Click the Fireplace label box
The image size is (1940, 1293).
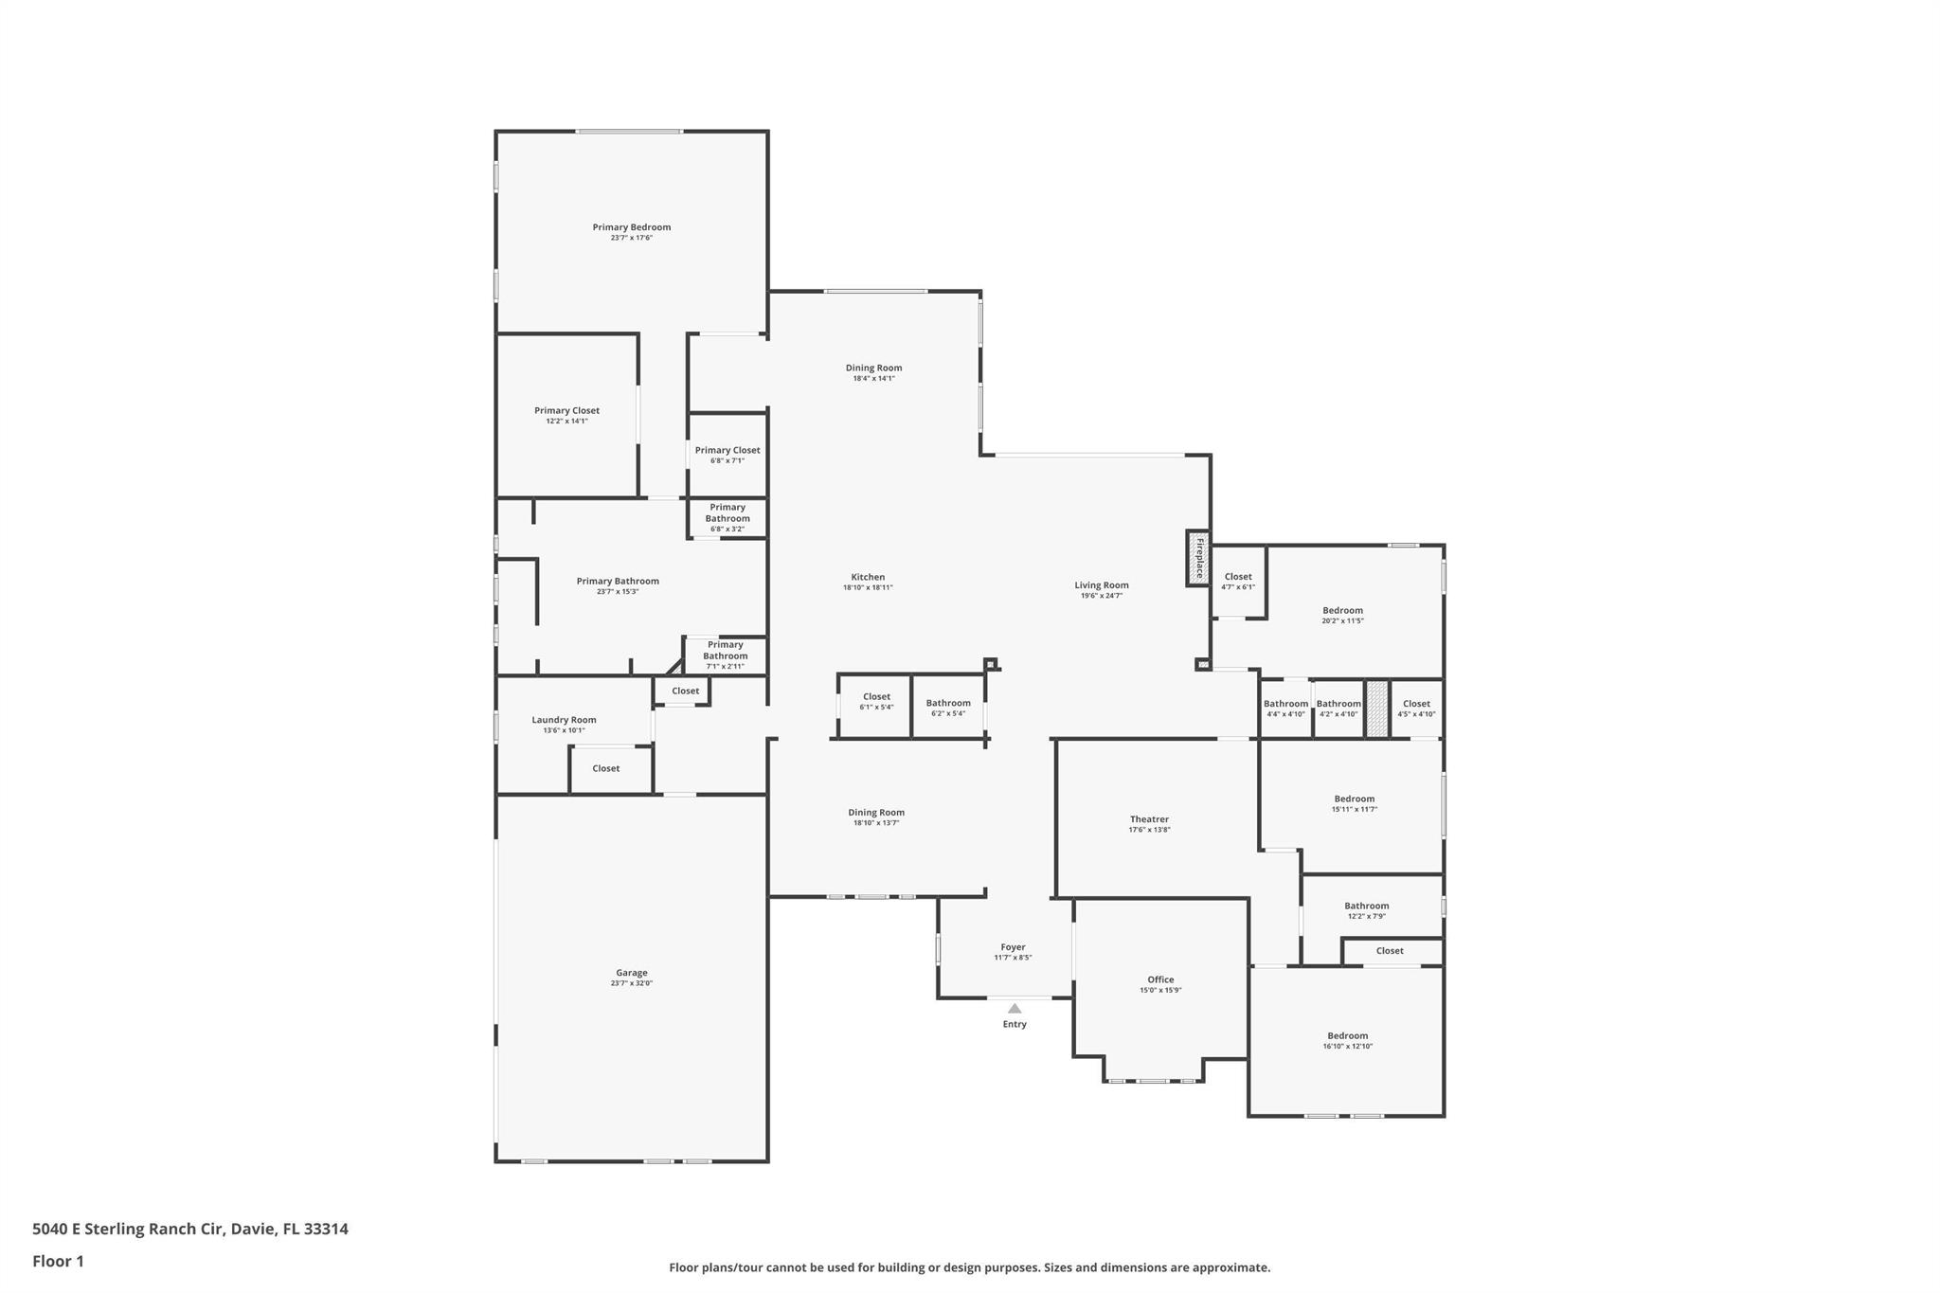click(1198, 558)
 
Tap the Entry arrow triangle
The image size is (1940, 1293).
click(1015, 1008)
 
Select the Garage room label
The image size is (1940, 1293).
click(631, 973)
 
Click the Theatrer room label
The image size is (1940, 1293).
click(1149, 819)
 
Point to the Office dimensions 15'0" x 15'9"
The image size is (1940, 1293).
click(1160, 991)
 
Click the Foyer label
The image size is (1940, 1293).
click(1013, 947)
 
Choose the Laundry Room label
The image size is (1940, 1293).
click(564, 720)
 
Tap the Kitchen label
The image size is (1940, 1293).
click(868, 577)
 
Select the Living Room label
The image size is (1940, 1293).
click(1101, 585)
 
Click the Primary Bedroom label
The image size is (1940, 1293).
click(631, 227)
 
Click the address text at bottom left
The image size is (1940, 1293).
click(190, 1229)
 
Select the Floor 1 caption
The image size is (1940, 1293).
click(58, 1261)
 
